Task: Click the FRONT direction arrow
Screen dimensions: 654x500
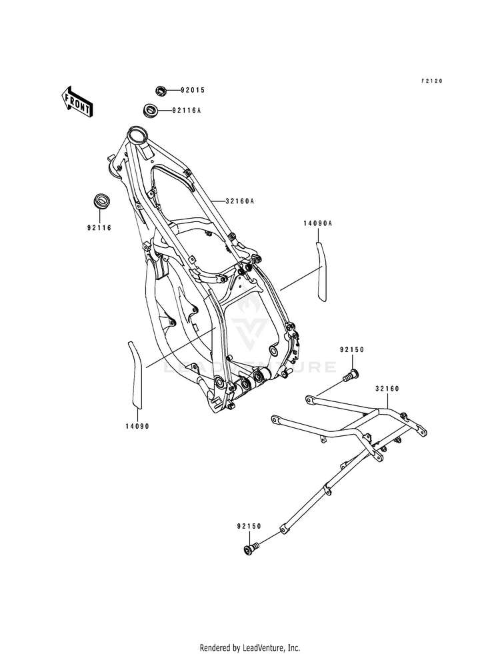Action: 77,101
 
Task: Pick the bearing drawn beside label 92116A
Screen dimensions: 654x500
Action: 151,109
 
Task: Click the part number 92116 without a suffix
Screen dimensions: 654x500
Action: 98,227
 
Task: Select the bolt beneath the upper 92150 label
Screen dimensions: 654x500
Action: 353,375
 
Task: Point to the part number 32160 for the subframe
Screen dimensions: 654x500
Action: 387,387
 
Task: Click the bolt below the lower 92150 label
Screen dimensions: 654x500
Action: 251,549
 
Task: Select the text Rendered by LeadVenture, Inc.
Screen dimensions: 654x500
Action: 250,647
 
